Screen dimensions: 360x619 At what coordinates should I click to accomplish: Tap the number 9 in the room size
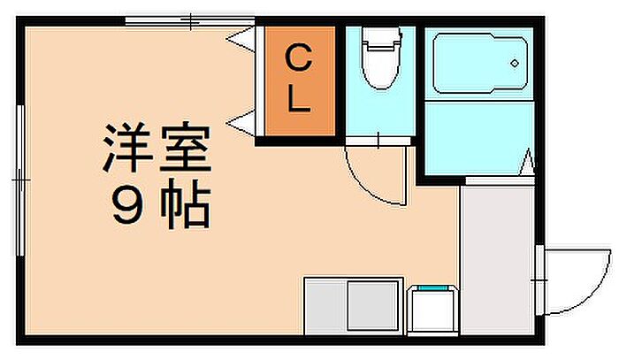[124, 209]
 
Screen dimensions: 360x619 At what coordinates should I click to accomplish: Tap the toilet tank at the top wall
[379, 37]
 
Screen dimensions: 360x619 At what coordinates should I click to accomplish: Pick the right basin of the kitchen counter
[372, 305]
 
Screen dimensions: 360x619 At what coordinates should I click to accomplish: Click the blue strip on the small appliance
[433, 288]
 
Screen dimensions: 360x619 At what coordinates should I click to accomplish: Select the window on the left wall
[19, 177]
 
